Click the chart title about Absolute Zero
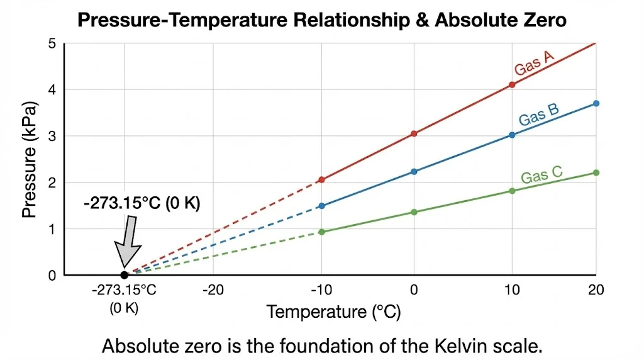(321, 20)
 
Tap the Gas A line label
(534, 64)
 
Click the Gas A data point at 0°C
(414, 133)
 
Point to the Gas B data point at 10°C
(512, 135)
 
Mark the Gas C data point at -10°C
(322, 232)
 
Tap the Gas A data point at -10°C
(321, 179)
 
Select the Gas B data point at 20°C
(596, 103)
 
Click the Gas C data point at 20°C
(596, 172)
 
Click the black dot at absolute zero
(125, 275)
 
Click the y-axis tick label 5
(52, 44)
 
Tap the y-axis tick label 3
(52, 137)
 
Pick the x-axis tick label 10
(512, 290)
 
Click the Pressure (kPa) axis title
(29, 159)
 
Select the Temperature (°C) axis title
(333, 312)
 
